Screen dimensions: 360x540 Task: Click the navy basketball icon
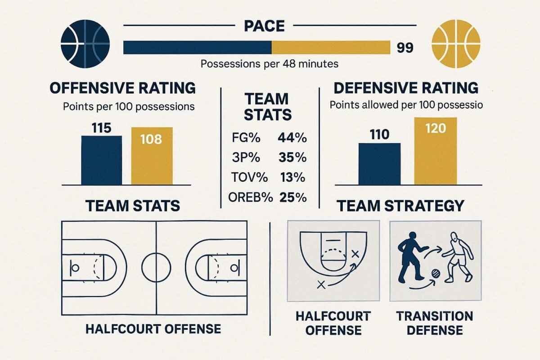(85, 44)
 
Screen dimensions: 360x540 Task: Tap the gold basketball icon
(455, 44)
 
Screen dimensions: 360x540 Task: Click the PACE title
(264, 26)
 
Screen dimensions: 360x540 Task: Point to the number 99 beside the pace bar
(405, 48)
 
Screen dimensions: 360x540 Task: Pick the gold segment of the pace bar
(331, 48)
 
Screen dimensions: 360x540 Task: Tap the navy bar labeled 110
(379, 164)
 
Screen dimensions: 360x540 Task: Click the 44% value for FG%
(292, 138)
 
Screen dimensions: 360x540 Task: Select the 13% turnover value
(293, 177)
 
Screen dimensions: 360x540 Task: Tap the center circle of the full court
(156, 267)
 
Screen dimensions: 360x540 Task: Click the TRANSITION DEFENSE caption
(434, 323)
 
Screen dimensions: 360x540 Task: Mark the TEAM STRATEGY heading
(400, 206)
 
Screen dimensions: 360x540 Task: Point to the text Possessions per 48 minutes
(269, 64)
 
